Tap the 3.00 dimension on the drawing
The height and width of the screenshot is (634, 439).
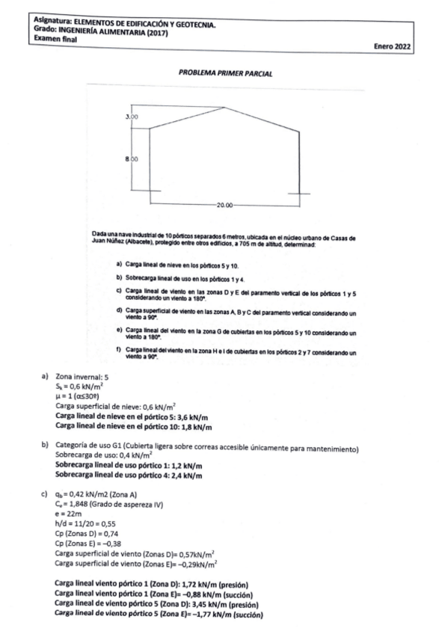(132, 117)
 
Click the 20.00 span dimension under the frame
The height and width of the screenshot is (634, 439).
(225, 203)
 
